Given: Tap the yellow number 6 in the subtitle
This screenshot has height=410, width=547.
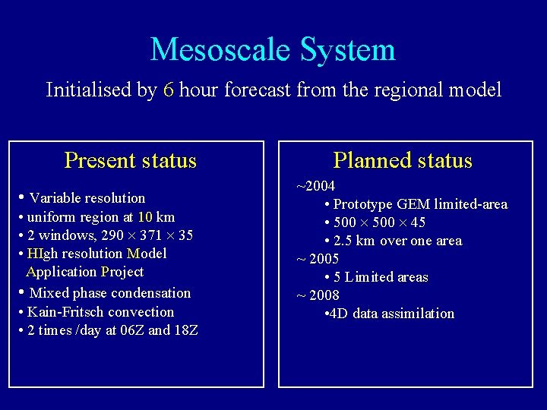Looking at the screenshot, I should pyautogui.click(x=169, y=90).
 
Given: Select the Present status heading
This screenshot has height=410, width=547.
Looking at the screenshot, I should pyautogui.click(x=131, y=161).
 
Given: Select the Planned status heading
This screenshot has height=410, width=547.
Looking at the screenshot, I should pyautogui.click(x=403, y=161).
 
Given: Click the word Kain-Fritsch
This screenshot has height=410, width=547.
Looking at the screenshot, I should pyautogui.click(x=64, y=312).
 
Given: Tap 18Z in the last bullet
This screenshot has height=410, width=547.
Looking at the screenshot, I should pyautogui.click(x=185, y=330).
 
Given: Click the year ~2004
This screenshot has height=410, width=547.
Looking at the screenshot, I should pyautogui.click(x=315, y=186).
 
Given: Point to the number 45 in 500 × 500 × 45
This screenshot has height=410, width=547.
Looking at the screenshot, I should pyautogui.click(x=417, y=222).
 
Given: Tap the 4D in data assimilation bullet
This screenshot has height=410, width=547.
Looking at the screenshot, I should pyautogui.click(x=339, y=314).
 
